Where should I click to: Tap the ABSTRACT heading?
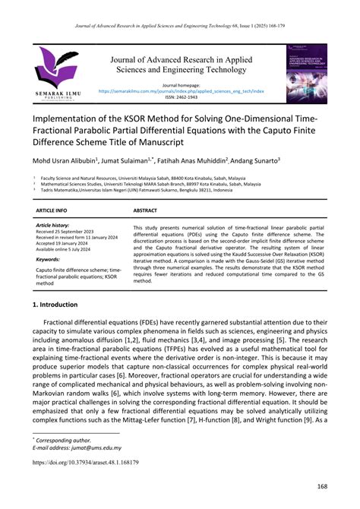pyautogui.click(x=145, y=209)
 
